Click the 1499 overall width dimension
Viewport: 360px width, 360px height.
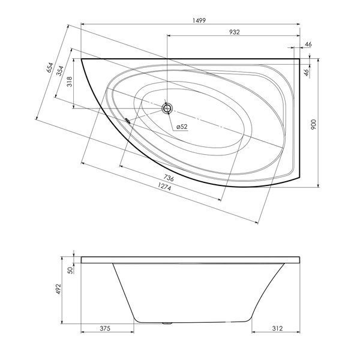point(199,20)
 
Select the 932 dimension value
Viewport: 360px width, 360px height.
point(235,32)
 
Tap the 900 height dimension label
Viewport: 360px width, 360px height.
point(313,124)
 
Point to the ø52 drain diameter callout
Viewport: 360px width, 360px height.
point(182,127)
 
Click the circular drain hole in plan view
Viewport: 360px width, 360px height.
point(167,108)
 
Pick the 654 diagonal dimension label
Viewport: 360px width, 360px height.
point(50,67)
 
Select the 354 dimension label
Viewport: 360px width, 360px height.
point(60,71)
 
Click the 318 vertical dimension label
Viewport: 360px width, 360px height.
point(70,82)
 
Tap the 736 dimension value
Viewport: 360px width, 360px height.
point(169,178)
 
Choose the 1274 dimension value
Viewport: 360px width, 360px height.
point(164,186)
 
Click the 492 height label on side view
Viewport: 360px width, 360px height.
point(58,289)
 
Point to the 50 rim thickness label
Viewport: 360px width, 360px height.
point(71,270)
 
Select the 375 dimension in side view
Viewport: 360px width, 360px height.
point(105,329)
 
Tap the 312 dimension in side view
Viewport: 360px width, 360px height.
point(277,329)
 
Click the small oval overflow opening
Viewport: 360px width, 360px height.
point(128,121)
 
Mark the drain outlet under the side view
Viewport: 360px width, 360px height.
point(167,323)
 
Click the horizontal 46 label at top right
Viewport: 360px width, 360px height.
point(308,44)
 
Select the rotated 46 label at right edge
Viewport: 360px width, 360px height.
point(307,73)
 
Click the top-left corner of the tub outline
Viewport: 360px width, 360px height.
point(81,59)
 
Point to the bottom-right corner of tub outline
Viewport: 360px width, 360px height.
point(300,178)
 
